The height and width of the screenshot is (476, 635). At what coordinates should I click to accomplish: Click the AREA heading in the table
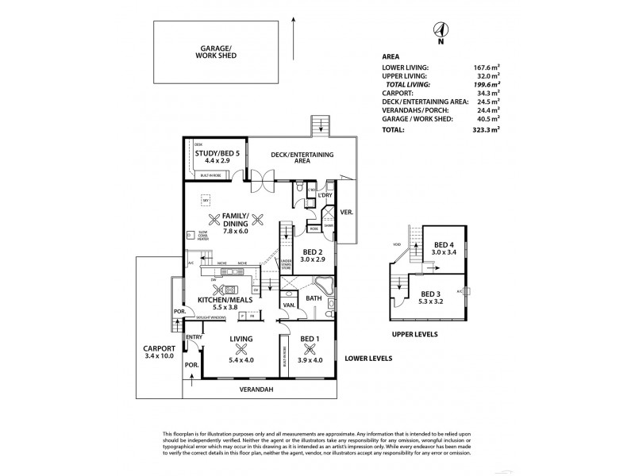point(391,57)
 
